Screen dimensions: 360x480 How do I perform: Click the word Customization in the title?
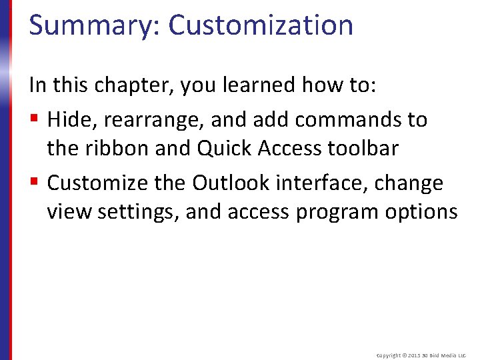[x=261, y=25]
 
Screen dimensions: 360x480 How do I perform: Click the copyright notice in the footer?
[x=421, y=356]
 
